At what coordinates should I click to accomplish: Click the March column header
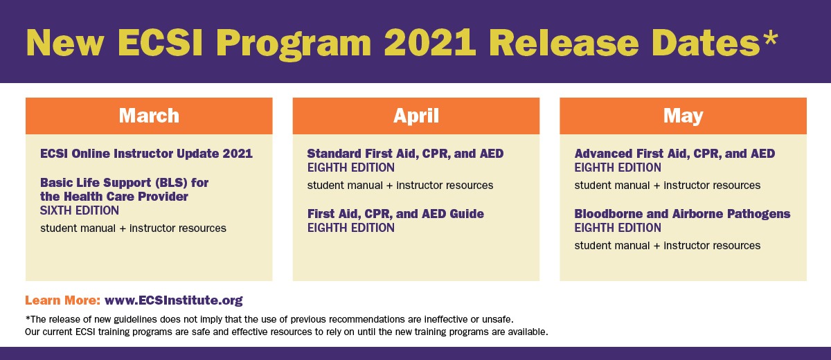pyautogui.click(x=149, y=115)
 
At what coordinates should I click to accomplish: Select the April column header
pyautogui.click(x=415, y=115)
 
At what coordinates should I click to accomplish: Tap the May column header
pyautogui.click(x=683, y=115)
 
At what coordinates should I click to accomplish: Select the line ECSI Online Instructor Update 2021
pyautogui.click(x=146, y=154)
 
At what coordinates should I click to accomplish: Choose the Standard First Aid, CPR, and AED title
pyautogui.click(x=405, y=154)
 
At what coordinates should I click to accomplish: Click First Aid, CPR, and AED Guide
pyautogui.click(x=395, y=214)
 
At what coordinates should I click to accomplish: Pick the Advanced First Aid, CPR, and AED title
pyautogui.click(x=674, y=154)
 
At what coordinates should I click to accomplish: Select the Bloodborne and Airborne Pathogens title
pyautogui.click(x=682, y=214)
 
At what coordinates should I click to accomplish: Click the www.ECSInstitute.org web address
pyautogui.click(x=173, y=300)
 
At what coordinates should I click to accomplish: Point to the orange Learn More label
pyautogui.click(x=62, y=300)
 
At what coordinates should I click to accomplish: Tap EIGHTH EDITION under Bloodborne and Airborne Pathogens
pyautogui.click(x=618, y=228)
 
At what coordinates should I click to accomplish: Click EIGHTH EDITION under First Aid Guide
pyautogui.click(x=350, y=228)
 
